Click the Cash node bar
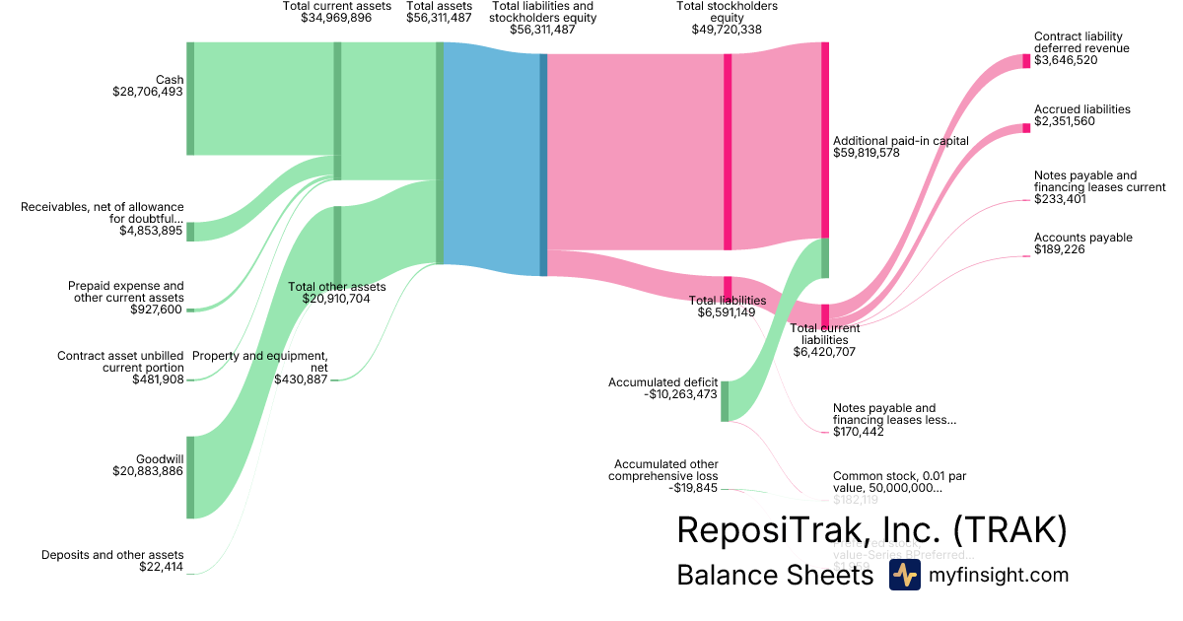(190, 99)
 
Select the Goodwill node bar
(190, 477)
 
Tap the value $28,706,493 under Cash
(148, 92)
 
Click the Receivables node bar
(190, 232)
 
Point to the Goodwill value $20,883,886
(148, 471)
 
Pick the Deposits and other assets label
(112, 554)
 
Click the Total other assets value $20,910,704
(329, 299)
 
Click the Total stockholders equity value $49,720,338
(727, 30)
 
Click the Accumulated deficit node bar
(725, 401)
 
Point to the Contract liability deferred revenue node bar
(1025, 60)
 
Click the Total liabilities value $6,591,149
(727, 312)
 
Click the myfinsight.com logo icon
(904, 576)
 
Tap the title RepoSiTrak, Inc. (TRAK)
(871, 530)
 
